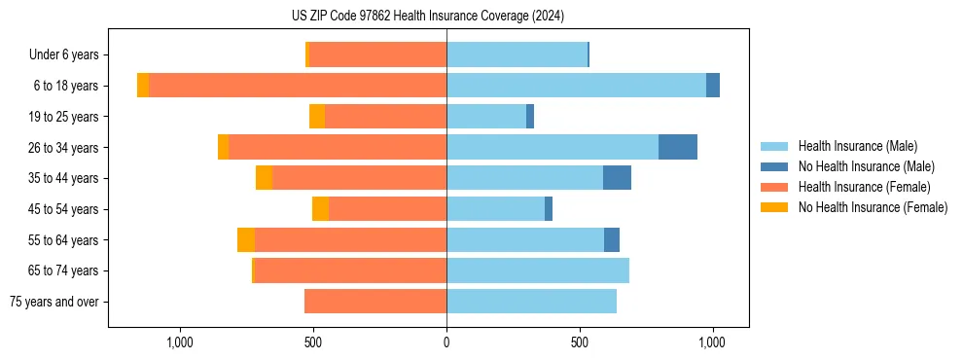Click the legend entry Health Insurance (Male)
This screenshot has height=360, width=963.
(857, 146)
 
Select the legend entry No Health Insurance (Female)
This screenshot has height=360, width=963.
(873, 207)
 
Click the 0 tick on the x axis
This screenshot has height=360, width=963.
(446, 342)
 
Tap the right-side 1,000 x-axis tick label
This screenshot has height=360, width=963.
(712, 342)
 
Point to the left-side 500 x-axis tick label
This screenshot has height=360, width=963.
(313, 342)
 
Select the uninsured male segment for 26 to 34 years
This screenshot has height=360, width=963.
(678, 147)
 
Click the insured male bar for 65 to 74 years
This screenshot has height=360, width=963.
(538, 270)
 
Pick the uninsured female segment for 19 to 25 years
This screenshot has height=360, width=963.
(317, 117)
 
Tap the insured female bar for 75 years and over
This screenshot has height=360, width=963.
(375, 302)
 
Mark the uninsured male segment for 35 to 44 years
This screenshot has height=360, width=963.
(617, 178)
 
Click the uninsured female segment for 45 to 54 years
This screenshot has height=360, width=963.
(320, 209)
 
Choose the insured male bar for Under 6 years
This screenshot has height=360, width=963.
(517, 55)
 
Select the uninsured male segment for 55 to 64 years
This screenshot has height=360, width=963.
(612, 239)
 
